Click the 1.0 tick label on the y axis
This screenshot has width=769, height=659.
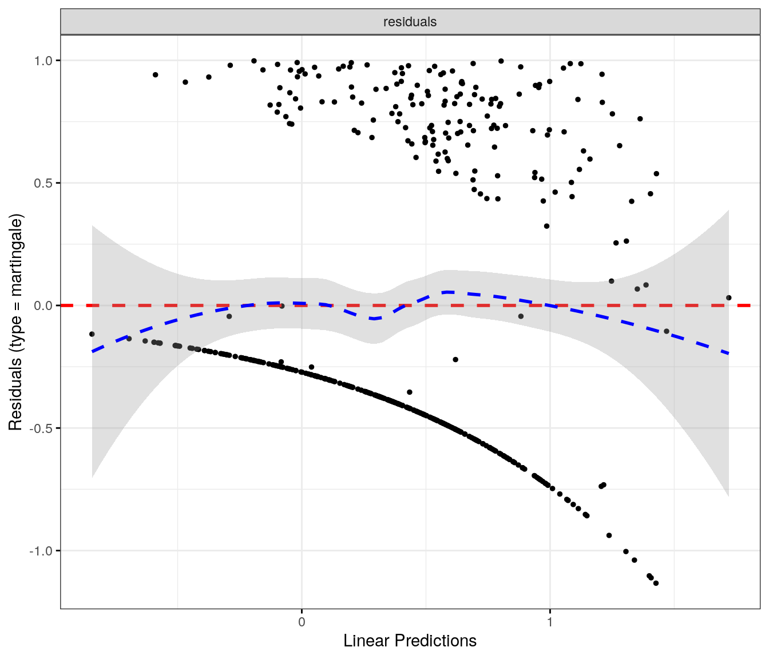click(x=43, y=61)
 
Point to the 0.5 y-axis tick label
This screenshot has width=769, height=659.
click(x=43, y=183)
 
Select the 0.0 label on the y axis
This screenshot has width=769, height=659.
click(x=43, y=305)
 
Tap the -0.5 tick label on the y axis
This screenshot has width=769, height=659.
click(x=42, y=428)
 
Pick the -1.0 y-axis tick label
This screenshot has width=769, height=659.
click(x=42, y=551)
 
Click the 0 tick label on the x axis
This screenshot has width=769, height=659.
click(x=302, y=622)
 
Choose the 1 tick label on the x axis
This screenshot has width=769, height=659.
click(x=550, y=622)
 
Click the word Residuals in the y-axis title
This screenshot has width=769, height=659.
click(x=15, y=394)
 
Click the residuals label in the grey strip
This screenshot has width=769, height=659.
click(x=410, y=22)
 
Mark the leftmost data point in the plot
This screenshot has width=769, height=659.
click(x=92, y=334)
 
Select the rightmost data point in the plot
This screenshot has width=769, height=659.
click(x=728, y=298)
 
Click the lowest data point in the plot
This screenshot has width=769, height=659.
click(x=656, y=583)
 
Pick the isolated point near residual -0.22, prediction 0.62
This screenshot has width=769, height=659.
click(x=455, y=359)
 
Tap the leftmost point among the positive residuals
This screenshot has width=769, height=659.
click(x=155, y=75)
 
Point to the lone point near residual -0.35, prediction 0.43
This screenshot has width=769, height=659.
click(x=410, y=392)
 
